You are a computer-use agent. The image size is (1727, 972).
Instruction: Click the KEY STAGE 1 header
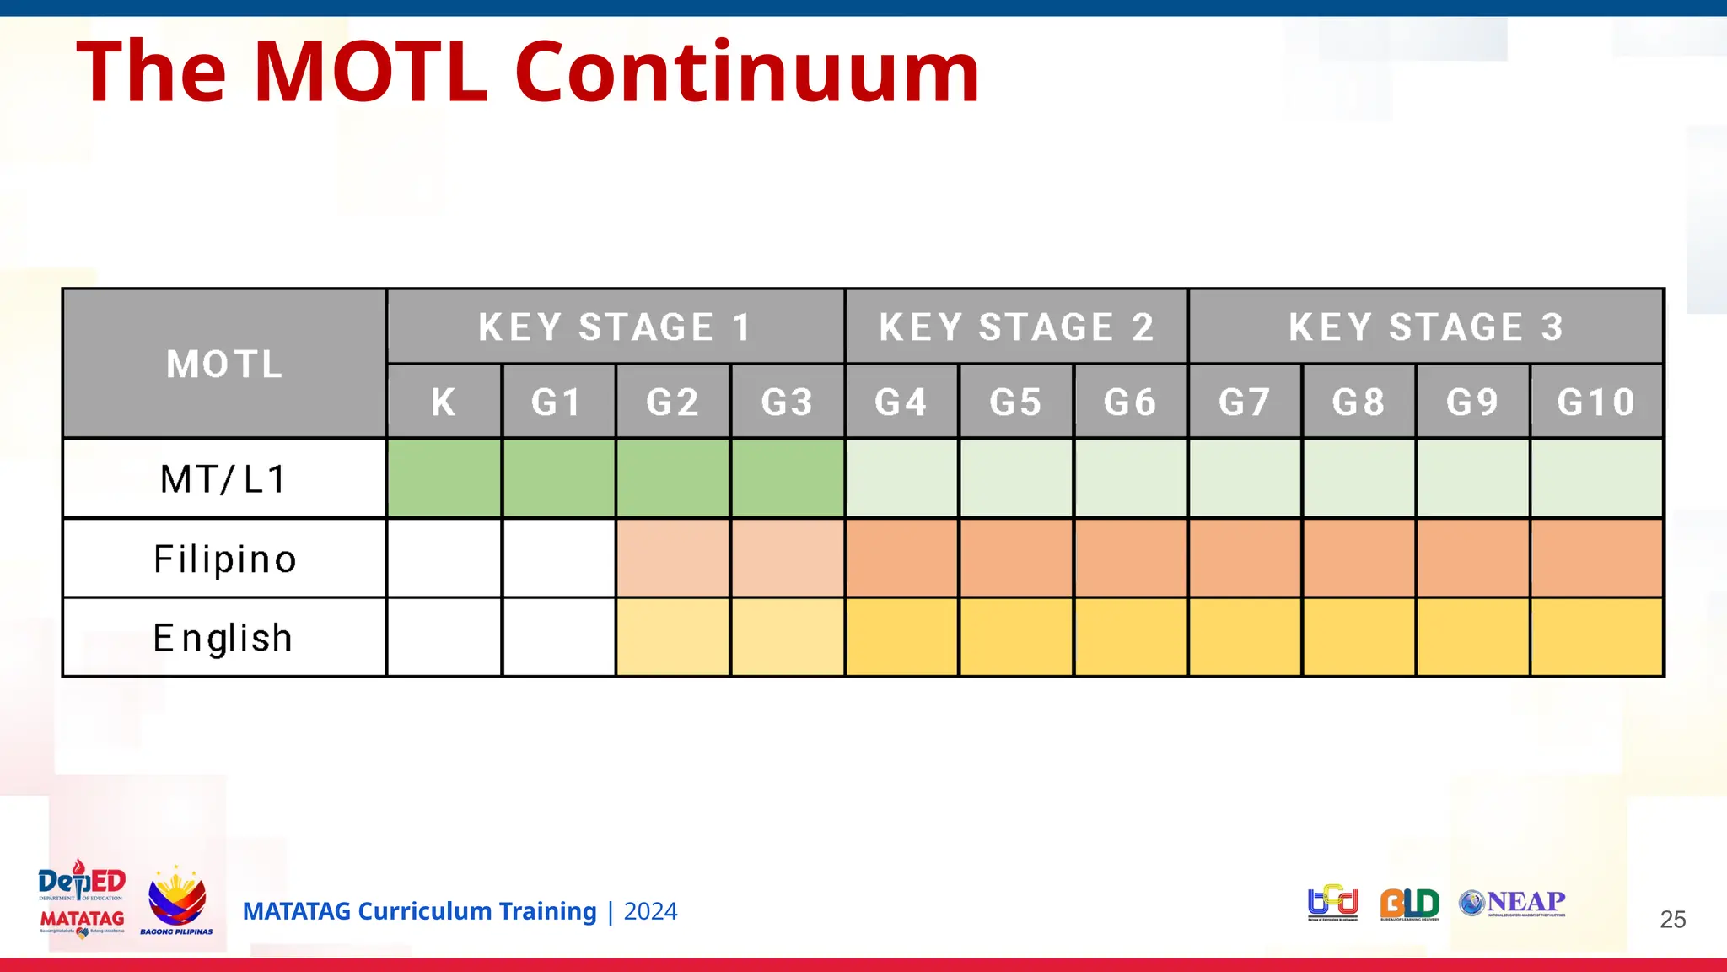tap(616, 327)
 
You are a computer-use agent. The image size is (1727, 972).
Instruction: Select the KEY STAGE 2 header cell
tap(1016, 327)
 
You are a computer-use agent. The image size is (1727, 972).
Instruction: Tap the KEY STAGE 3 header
tap(1426, 327)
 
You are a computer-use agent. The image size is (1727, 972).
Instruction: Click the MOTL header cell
tap(224, 364)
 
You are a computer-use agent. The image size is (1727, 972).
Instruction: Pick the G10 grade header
tap(1596, 402)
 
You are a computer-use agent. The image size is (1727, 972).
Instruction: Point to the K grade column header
tap(444, 402)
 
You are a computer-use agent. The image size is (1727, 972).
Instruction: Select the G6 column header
tap(1130, 402)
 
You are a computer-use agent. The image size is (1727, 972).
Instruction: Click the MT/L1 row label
tap(224, 478)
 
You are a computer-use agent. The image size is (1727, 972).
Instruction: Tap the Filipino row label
tap(224, 559)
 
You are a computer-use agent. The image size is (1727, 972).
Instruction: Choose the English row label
tap(224, 638)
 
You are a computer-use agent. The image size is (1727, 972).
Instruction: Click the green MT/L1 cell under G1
tap(558, 478)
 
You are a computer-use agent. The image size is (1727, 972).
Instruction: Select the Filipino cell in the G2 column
tap(673, 559)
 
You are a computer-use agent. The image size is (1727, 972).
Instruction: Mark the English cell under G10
tap(1596, 638)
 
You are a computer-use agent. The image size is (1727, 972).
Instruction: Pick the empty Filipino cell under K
tap(444, 559)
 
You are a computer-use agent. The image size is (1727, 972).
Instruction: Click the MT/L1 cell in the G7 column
tap(1245, 478)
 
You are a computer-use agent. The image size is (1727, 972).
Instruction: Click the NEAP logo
tap(1512, 903)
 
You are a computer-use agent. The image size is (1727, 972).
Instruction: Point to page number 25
tap(1672, 919)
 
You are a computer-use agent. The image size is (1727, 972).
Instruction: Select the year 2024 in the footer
tap(650, 911)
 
